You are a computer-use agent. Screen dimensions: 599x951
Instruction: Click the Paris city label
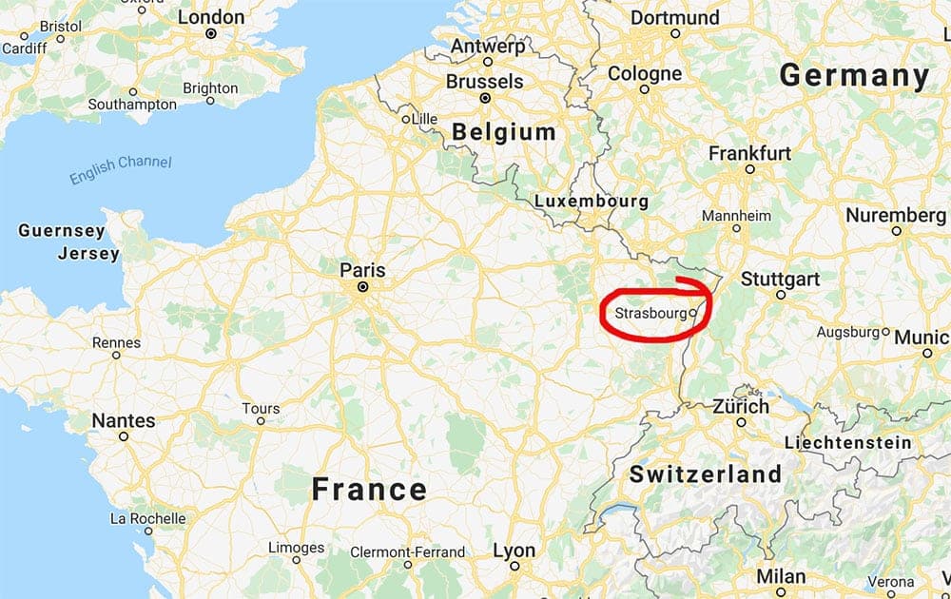(x=362, y=271)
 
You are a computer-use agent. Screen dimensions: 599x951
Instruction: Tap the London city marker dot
(x=211, y=33)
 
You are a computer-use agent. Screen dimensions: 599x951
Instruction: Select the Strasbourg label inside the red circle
(x=650, y=312)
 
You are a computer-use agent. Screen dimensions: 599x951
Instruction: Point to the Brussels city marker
(x=485, y=98)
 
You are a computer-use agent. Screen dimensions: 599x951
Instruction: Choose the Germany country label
(x=854, y=76)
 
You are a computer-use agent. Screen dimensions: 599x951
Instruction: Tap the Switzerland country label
(x=706, y=473)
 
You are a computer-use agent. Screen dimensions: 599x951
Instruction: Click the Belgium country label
(x=504, y=132)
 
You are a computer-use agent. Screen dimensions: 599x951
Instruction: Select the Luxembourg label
(x=591, y=202)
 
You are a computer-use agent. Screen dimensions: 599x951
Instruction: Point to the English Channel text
(x=121, y=169)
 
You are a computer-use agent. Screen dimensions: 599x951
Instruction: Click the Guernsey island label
(x=62, y=231)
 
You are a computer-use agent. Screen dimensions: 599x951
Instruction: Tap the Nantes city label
(x=123, y=420)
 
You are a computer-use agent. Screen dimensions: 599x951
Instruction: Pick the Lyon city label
(x=514, y=551)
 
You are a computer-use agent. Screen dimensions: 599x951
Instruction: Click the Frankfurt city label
(x=749, y=153)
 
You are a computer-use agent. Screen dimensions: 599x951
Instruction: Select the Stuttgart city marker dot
(x=780, y=295)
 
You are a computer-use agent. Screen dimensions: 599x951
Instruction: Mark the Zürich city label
(x=741, y=406)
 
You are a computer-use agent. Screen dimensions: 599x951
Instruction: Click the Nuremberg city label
(x=896, y=215)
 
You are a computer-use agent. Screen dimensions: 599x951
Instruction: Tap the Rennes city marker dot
(x=116, y=355)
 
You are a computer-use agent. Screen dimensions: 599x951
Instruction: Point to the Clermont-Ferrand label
(x=408, y=551)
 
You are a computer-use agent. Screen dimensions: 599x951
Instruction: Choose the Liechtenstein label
(x=847, y=442)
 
